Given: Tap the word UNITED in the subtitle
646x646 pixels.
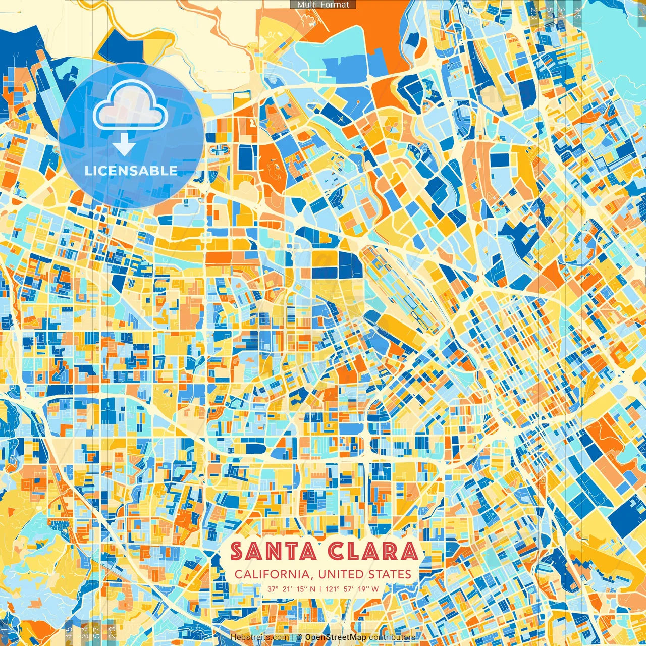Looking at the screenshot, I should (x=343, y=574).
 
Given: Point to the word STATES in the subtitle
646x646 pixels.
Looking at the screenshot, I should (x=390, y=574).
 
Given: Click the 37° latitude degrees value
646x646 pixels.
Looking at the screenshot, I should (x=273, y=589).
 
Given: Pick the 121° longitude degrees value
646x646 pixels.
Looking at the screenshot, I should (x=333, y=589).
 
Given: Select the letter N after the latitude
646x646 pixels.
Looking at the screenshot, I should (x=312, y=589).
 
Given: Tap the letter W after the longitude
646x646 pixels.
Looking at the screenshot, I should (x=375, y=589).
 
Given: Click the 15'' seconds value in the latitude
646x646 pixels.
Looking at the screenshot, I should (x=301, y=589).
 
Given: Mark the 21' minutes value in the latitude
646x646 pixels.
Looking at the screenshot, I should (x=287, y=589).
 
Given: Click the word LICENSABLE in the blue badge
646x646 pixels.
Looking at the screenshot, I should (x=131, y=171).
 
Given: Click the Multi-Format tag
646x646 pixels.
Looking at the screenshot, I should (x=323, y=5).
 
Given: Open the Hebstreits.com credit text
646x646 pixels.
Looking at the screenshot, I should (x=260, y=637).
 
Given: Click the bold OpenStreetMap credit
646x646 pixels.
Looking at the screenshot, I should (x=336, y=637).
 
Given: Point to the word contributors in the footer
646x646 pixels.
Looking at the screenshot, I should (x=392, y=637).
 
